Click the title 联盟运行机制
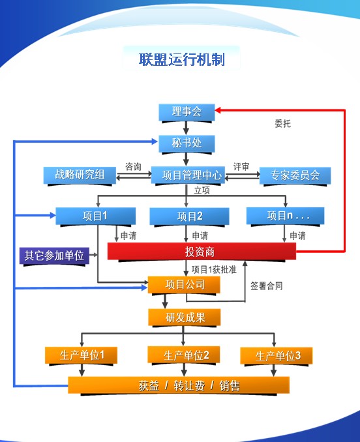click(x=182, y=59)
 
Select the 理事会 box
click(x=187, y=112)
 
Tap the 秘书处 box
click(x=187, y=143)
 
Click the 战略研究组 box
click(x=80, y=175)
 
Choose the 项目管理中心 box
click(x=188, y=175)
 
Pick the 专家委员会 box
click(x=295, y=175)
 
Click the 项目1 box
click(x=96, y=216)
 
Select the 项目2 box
click(x=189, y=216)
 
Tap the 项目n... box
click(x=285, y=216)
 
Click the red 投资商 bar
click(x=202, y=251)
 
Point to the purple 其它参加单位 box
click(x=54, y=256)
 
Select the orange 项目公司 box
click(x=184, y=285)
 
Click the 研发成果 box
click(x=185, y=317)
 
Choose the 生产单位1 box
click(x=81, y=355)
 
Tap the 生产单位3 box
click(x=277, y=356)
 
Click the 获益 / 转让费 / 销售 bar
click(x=179, y=385)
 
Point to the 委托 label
click(x=283, y=123)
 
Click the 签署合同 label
click(x=267, y=286)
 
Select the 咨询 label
click(x=133, y=167)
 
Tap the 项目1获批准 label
click(x=215, y=270)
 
